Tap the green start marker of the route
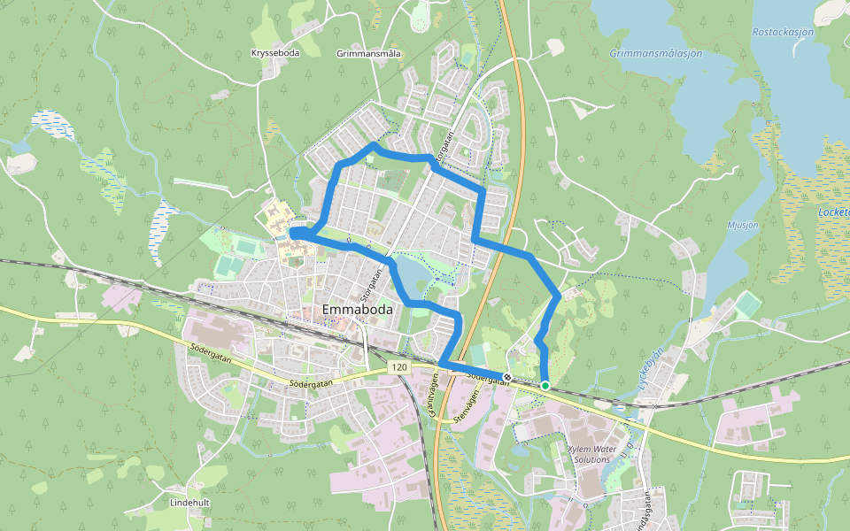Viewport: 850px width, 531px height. click(545, 385)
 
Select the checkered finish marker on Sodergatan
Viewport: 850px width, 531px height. click(507, 378)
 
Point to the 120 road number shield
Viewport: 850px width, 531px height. click(398, 366)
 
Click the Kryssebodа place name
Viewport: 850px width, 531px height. click(275, 53)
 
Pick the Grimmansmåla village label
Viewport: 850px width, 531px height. click(369, 53)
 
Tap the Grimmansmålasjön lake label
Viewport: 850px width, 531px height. click(655, 53)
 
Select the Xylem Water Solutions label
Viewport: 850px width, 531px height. click(591, 454)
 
